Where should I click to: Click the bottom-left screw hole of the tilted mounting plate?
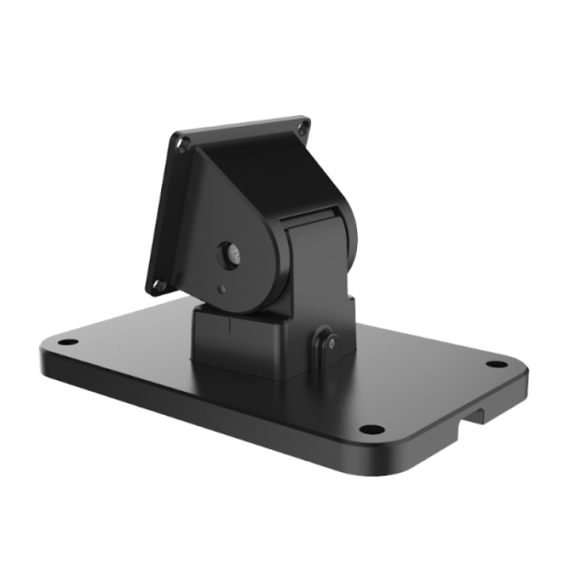(x=159, y=285)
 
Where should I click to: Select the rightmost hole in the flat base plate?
(x=497, y=363)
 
